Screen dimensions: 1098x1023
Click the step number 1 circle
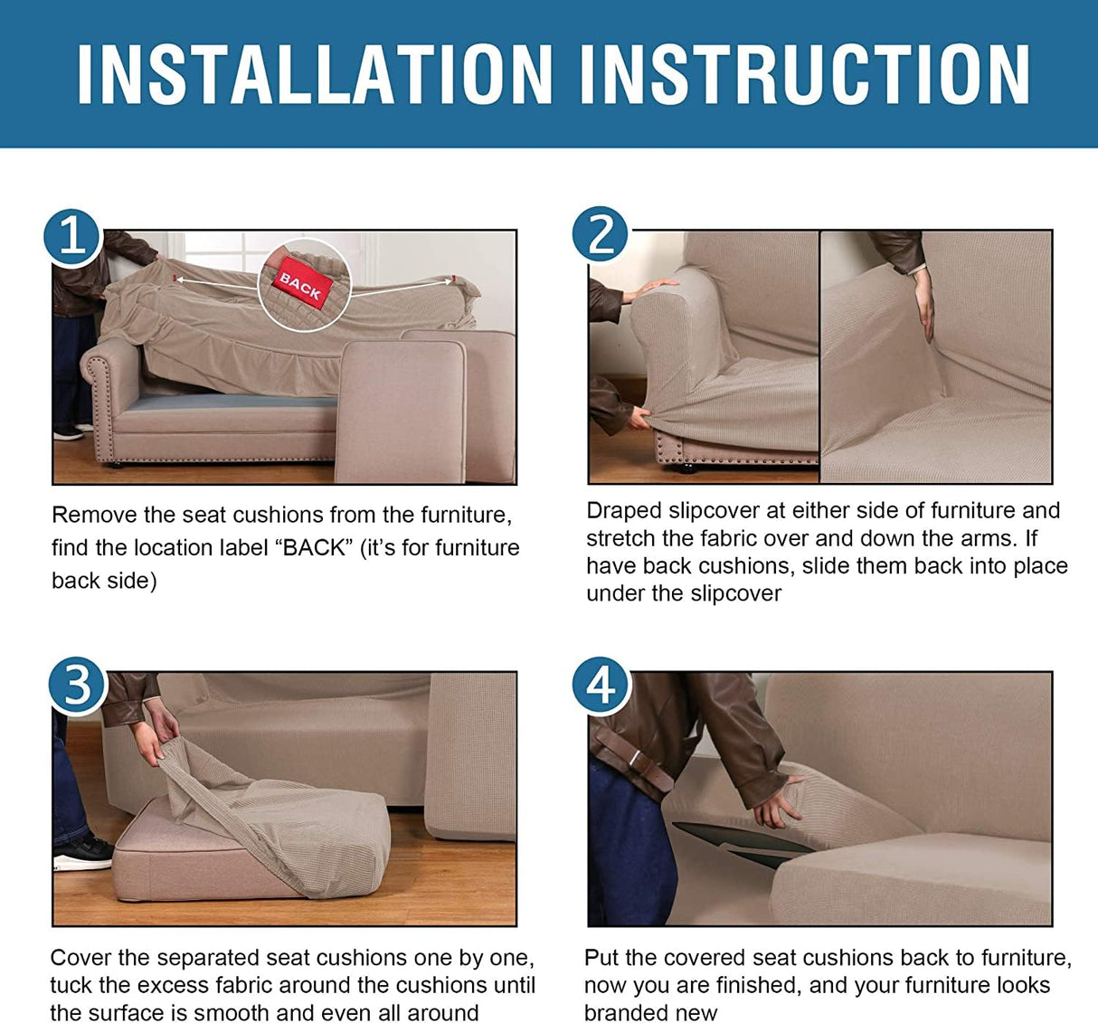72,238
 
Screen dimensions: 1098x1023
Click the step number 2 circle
601,235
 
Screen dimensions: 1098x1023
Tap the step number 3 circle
77,685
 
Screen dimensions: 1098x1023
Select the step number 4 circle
601,686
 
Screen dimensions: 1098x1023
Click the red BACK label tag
301,283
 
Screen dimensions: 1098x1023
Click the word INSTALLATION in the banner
315,75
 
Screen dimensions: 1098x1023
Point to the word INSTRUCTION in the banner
804,75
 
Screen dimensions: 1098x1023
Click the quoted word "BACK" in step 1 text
314,548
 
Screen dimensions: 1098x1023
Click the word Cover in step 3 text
80,958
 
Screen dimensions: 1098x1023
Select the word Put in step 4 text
601,958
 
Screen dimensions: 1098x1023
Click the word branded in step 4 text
620,1013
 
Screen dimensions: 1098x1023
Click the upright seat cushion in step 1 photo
401,412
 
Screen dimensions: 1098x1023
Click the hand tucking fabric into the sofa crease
923,304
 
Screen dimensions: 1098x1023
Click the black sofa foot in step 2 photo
687,469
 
